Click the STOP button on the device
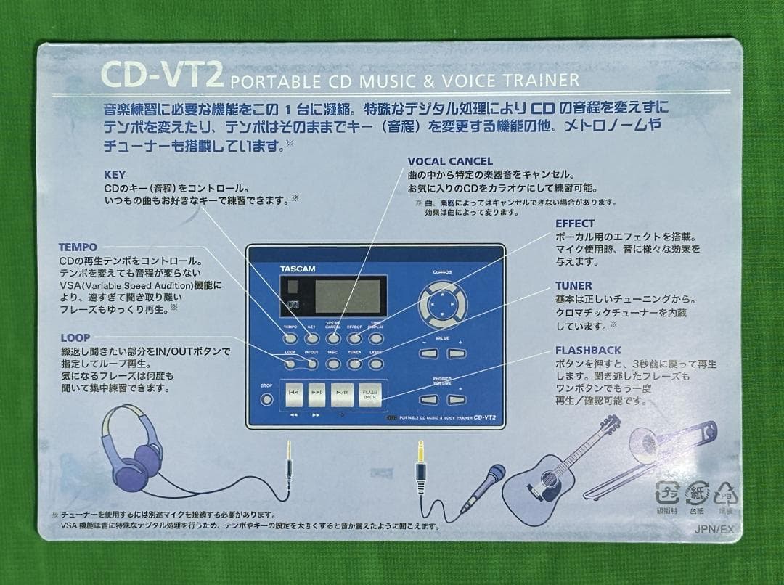267,398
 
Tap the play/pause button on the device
342,394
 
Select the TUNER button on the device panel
354,363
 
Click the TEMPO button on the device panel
290,337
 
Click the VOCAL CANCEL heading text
450,161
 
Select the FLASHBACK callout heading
588,351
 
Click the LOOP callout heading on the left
75,338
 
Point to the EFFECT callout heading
575,224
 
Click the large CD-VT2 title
162,74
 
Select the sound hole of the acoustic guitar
547,478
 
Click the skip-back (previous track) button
293,394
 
